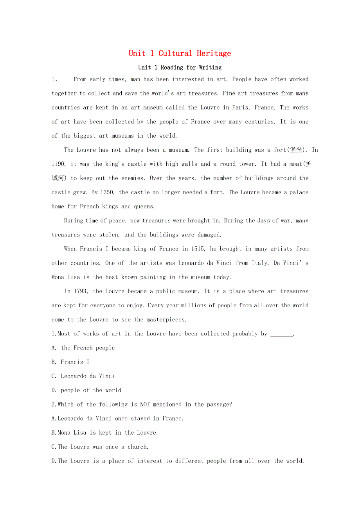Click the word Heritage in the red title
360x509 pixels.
point(214,54)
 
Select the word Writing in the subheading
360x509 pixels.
point(210,67)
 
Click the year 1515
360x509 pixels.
point(200,249)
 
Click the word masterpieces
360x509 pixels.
point(166,320)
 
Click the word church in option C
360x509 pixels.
point(137,447)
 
